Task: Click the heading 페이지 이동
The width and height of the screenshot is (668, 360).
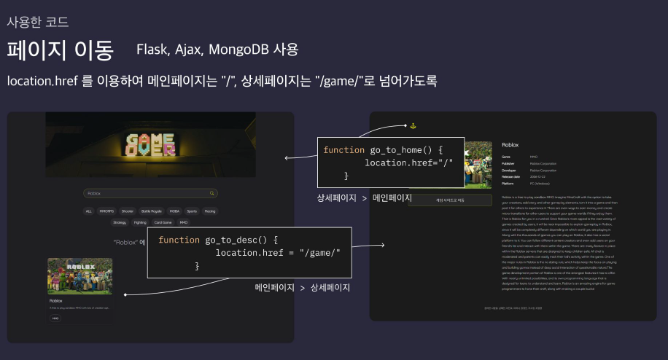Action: click(61, 50)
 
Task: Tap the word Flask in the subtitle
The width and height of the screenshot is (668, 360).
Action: click(152, 50)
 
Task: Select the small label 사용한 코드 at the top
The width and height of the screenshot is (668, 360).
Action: click(37, 21)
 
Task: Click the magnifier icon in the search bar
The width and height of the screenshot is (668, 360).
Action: click(212, 193)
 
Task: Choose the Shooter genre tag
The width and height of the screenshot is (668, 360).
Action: click(128, 211)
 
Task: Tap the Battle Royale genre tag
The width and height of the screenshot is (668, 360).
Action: click(152, 211)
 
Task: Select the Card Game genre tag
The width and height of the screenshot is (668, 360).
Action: click(163, 222)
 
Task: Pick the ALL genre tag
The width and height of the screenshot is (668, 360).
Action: click(88, 211)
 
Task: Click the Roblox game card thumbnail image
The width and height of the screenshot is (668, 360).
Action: click(80, 275)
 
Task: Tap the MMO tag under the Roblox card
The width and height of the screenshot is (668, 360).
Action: click(55, 318)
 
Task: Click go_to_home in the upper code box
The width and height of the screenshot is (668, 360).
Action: click(401, 150)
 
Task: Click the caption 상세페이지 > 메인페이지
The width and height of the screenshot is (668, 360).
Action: click(364, 198)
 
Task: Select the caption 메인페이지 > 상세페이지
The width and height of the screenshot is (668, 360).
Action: click(302, 288)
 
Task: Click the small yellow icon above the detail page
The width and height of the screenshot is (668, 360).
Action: click(413, 125)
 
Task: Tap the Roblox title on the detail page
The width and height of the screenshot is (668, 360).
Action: click(510, 146)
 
